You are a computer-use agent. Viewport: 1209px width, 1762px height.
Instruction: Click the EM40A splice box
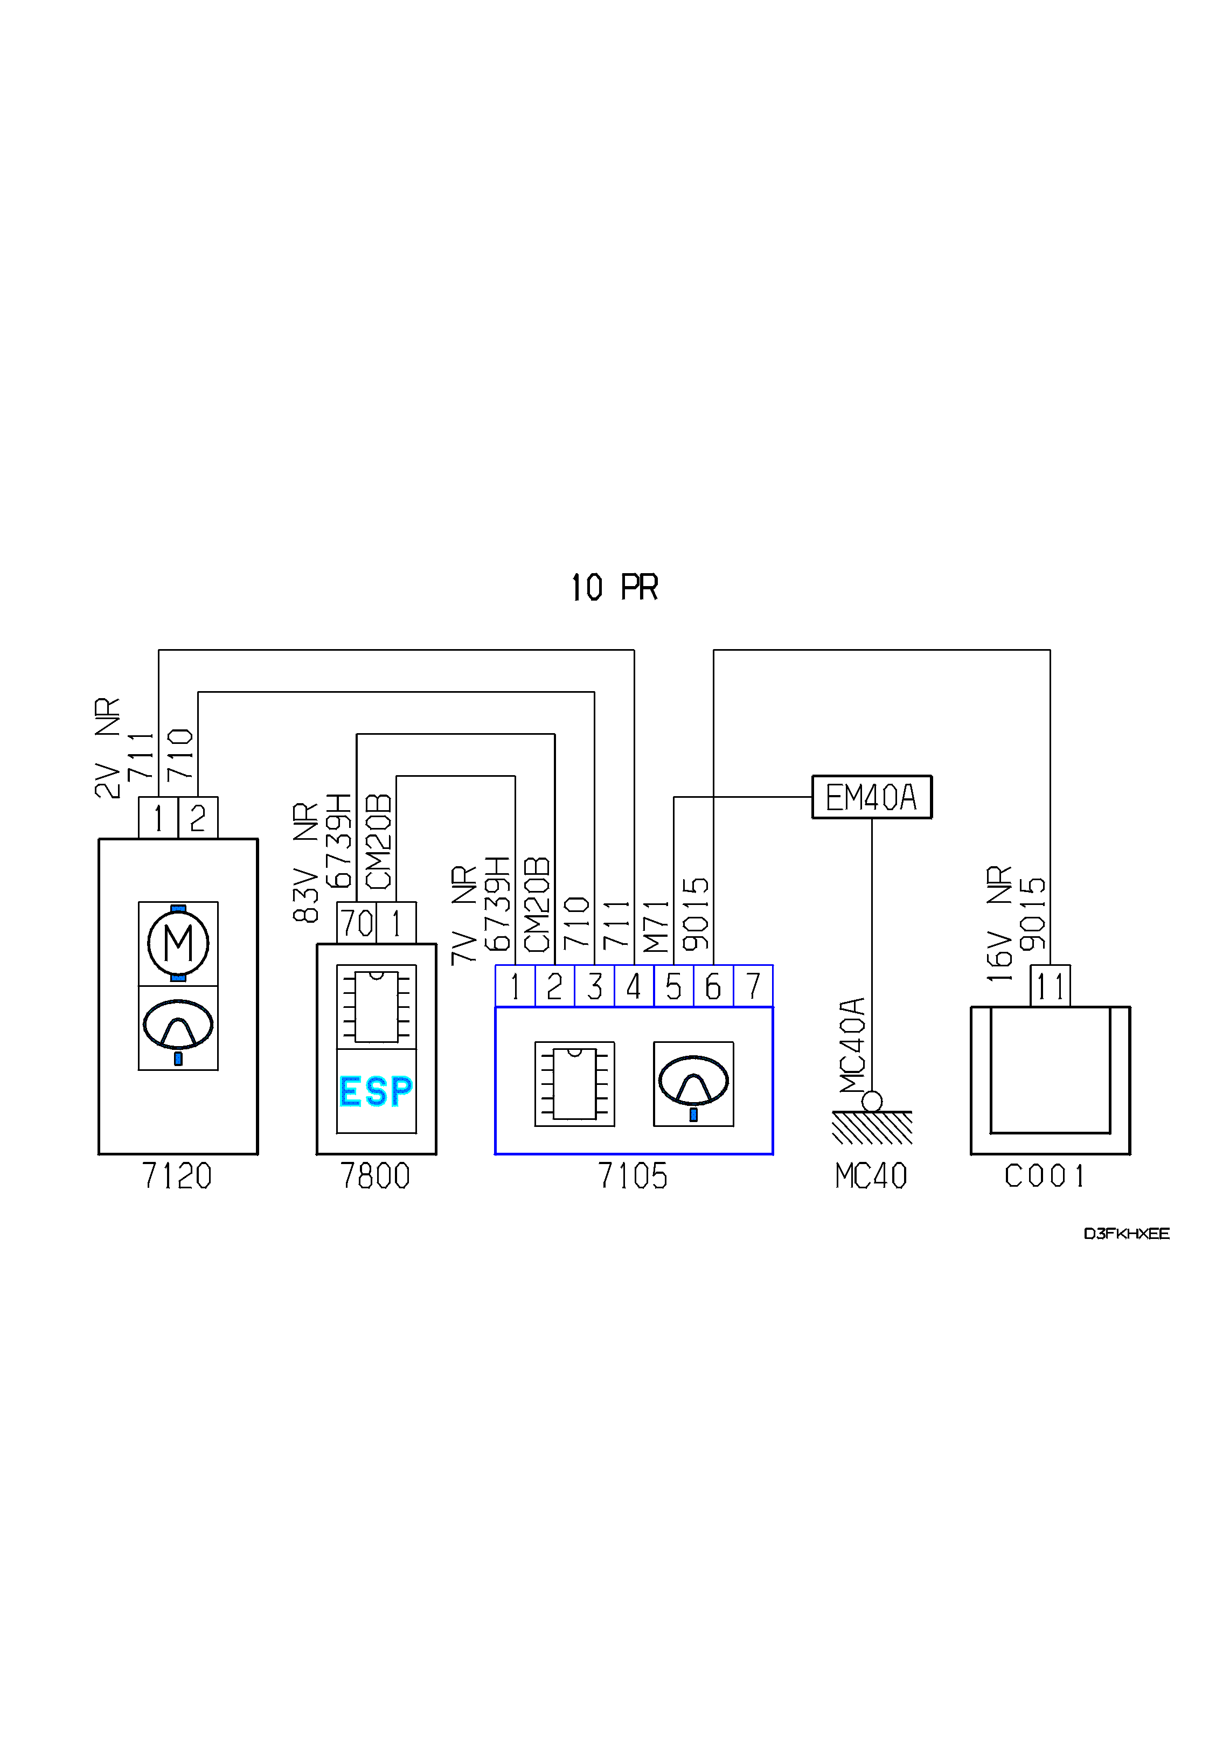coord(872,797)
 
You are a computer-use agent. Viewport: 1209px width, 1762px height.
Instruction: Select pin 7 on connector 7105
coord(753,986)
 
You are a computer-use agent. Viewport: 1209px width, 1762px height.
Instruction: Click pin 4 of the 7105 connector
coord(634,986)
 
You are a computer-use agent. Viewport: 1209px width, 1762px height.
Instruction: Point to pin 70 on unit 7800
coord(357,923)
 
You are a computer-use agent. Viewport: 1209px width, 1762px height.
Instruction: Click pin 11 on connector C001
coord(1051,986)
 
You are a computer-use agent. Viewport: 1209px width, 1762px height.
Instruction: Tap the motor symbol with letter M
coord(178,944)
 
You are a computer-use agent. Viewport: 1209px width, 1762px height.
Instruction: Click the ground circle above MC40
coord(872,1101)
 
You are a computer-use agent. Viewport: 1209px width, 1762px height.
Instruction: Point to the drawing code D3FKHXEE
coord(1127,1234)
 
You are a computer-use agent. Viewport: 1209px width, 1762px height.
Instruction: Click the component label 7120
coord(177,1176)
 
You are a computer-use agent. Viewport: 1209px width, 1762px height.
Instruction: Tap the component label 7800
coord(376,1176)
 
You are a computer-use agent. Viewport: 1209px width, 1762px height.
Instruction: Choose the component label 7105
coord(633,1176)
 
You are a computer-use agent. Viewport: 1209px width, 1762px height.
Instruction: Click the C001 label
coord(1045,1176)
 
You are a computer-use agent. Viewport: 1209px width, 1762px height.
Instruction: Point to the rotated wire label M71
coord(656,926)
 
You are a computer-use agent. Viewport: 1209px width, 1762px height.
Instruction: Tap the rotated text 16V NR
coord(999,923)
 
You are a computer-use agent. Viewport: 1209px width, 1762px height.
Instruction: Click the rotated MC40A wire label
coord(852,1045)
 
